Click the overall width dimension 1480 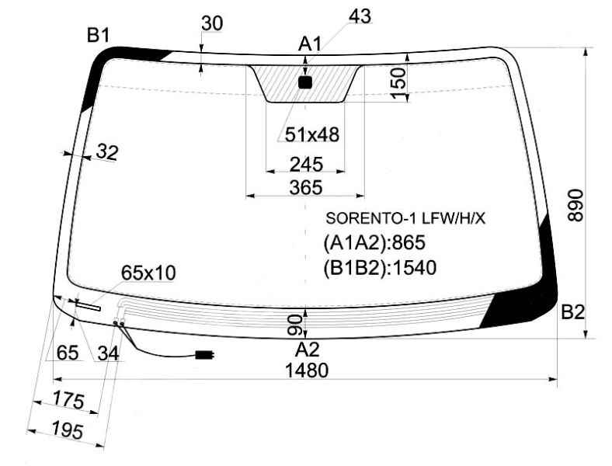[307, 370]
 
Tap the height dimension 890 [575, 206]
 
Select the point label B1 [98, 36]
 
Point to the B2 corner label [572, 312]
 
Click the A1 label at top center [310, 44]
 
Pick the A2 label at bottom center [308, 349]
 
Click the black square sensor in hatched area [305, 82]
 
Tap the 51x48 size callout [312, 134]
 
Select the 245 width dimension [307, 165]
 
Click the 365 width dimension [306, 188]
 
